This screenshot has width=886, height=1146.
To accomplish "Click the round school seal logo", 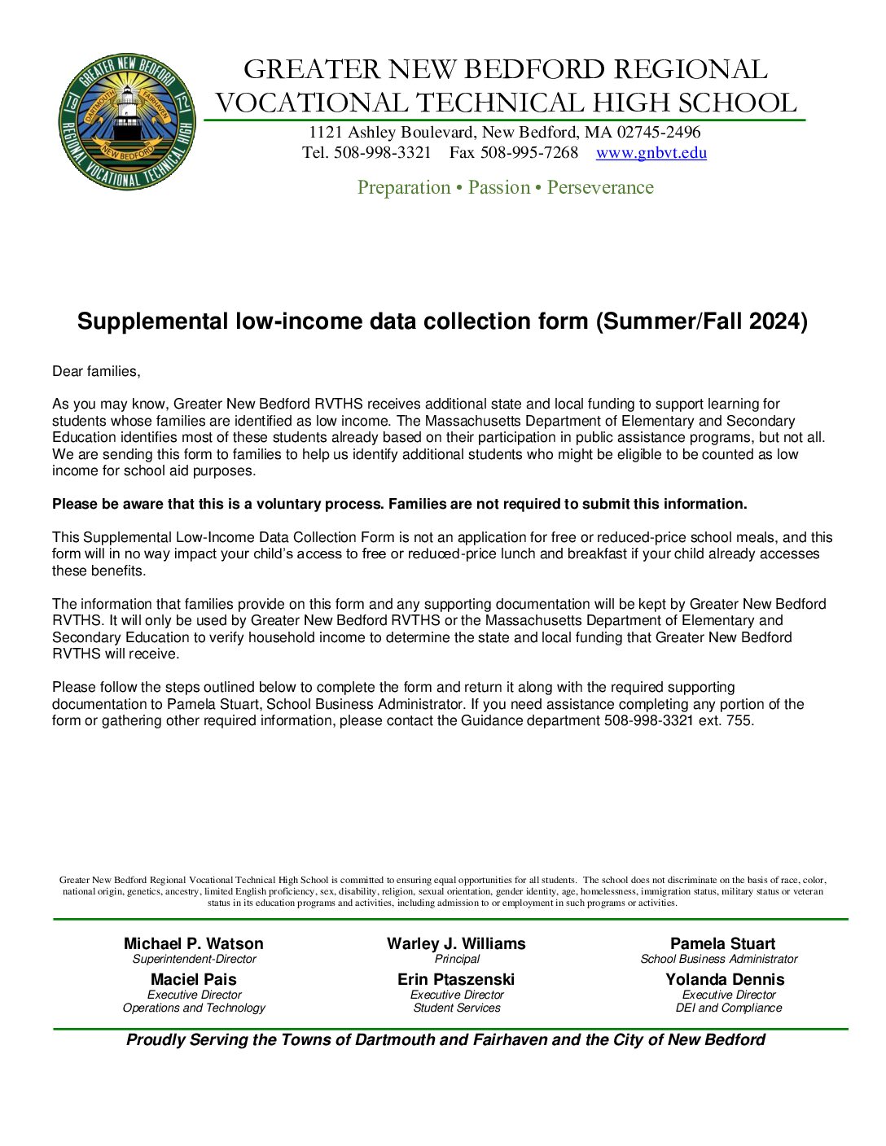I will [127, 122].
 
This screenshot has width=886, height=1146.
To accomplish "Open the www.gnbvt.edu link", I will [651, 153].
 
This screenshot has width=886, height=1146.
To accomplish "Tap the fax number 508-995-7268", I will [529, 153].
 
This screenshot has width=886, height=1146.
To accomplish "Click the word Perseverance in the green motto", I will [600, 188].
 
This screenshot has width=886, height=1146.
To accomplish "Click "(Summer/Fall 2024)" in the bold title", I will [701, 321].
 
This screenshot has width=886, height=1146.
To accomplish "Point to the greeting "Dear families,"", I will [96, 372].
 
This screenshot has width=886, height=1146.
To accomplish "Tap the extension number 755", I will [739, 721].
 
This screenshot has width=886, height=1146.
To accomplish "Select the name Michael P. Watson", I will [194, 944].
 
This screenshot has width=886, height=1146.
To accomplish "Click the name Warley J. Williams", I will [456, 944].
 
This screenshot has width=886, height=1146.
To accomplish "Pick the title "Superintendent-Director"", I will [194, 960].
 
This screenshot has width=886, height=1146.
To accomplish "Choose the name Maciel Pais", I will [194, 980].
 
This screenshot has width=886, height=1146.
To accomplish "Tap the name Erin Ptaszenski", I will [456, 980].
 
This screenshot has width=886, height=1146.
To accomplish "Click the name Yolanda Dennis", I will [725, 980].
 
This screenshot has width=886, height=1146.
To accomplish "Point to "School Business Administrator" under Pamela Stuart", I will [719, 960].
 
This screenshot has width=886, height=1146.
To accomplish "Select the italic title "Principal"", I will [457, 960].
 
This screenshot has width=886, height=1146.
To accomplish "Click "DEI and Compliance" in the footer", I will [728, 1008].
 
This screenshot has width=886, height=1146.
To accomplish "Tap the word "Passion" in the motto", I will [499, 188].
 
